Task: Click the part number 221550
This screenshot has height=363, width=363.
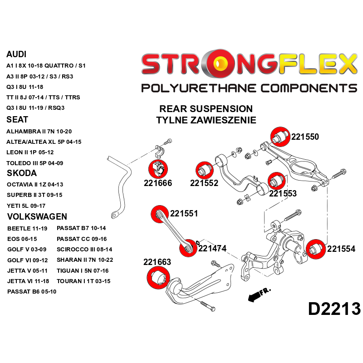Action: click(305, 136)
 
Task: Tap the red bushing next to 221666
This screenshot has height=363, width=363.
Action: click(158, 169)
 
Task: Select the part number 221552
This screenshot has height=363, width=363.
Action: click(204, 183)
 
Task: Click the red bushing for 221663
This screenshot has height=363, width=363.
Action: click(157, 277)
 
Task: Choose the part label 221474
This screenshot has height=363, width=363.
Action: click(212, 248)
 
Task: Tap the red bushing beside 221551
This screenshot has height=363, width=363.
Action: click(160, 215)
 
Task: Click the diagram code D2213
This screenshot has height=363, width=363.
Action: click(334, 309)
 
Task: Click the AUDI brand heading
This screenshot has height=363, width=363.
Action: click(16, 54)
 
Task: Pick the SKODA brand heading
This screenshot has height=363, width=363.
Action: click(22, 173)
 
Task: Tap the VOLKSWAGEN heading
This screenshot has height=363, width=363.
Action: click(37, 216)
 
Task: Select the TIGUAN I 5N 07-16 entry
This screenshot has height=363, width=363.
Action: click(83, 270)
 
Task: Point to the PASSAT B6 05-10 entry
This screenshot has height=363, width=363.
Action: click(32, 291)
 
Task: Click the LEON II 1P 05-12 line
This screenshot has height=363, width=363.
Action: click(30, 152)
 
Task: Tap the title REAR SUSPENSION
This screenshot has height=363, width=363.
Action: click(206, 109)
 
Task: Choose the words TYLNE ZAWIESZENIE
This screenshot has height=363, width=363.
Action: click(206, 120)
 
